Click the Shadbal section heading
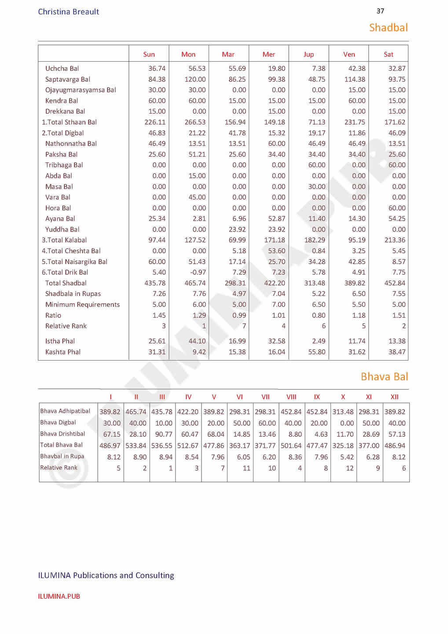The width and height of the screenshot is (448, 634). (388, 28)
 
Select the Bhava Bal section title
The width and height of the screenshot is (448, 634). (384, 377)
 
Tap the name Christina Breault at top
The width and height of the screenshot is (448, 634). (69, 12)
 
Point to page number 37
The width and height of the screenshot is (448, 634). (380, 11)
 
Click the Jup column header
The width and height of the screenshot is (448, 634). (308, 55)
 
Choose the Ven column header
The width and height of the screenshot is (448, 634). (349, 55)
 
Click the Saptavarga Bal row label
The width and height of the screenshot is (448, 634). (67, 79)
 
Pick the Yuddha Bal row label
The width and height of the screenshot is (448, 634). (62, 229)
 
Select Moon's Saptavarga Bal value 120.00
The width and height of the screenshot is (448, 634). (195, 79)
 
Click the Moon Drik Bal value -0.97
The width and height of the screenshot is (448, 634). (197, 273)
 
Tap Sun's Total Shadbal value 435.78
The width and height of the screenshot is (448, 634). (155, 283)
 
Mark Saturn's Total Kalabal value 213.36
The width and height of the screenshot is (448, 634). (395, 240)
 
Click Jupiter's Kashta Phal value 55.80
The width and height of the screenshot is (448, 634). (316, 352)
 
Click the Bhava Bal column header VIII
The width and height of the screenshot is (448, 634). (291, 397)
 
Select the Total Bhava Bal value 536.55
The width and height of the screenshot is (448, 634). (162, 446)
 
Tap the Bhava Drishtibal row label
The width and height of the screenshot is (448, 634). (62, 434)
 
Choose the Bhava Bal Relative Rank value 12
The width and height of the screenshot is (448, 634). (349, 468)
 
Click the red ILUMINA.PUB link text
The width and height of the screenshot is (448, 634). (59, 597)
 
